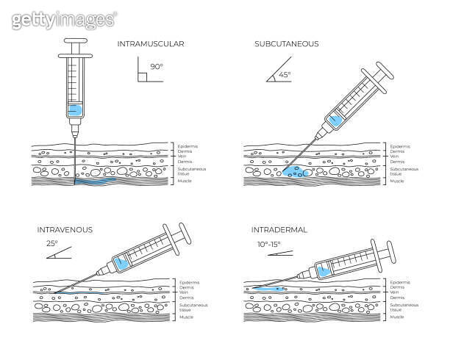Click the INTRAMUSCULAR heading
[150, 44]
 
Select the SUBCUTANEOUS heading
[286, 44]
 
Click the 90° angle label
[156, 67]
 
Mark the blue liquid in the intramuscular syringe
[74, 111]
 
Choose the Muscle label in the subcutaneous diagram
[396, 180]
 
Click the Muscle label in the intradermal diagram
[396, 317]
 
